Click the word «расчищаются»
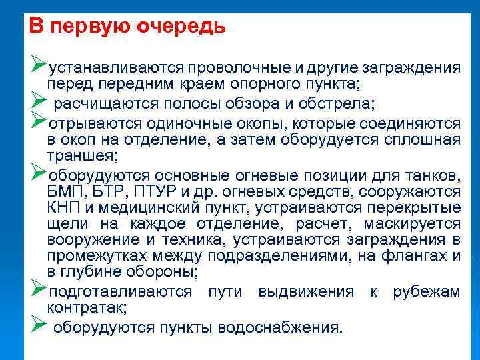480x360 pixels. coord(103,104)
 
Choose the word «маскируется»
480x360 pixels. coord(418,223)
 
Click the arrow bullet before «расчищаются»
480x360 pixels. coord(37,103)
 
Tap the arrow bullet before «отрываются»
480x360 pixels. coord(37,123)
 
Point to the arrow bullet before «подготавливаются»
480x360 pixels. coord(37,290)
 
